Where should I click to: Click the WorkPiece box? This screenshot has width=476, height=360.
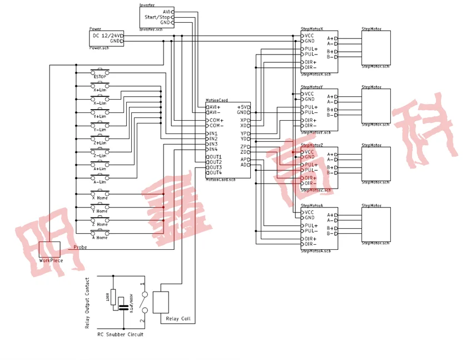(x=49, y=250)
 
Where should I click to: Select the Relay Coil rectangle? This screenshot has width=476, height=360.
(x=161, y=302)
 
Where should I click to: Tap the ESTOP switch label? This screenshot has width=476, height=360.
(x=100, y=76)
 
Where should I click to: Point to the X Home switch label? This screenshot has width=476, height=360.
(x=100, y=198)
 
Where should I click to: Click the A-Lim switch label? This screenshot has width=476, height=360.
(x=100, y=182)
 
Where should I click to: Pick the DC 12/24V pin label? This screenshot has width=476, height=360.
(x=106, y=36)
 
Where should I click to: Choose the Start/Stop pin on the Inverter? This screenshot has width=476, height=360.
(x=158, y=17)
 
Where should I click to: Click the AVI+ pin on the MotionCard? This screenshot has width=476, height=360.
(x=215, y=107)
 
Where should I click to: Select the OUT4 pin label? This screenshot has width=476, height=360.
(x=215, y=172)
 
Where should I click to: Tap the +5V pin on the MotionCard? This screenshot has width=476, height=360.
(x=242, y=107)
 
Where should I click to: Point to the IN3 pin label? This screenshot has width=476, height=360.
(x=214, y=144)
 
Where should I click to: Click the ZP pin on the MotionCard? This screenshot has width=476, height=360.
(x=245, y=146)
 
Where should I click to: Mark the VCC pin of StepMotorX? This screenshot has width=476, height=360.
(x=309, y=36)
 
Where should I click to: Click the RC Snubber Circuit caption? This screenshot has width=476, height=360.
(x=120, y=334)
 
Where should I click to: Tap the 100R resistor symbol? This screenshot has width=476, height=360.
(x=113, y=297)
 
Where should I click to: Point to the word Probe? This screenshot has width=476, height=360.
(x=81, y=247)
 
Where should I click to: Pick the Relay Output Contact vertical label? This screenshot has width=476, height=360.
(x=87, y=303)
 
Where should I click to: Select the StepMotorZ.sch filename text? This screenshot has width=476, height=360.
(x=315, y=190)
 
